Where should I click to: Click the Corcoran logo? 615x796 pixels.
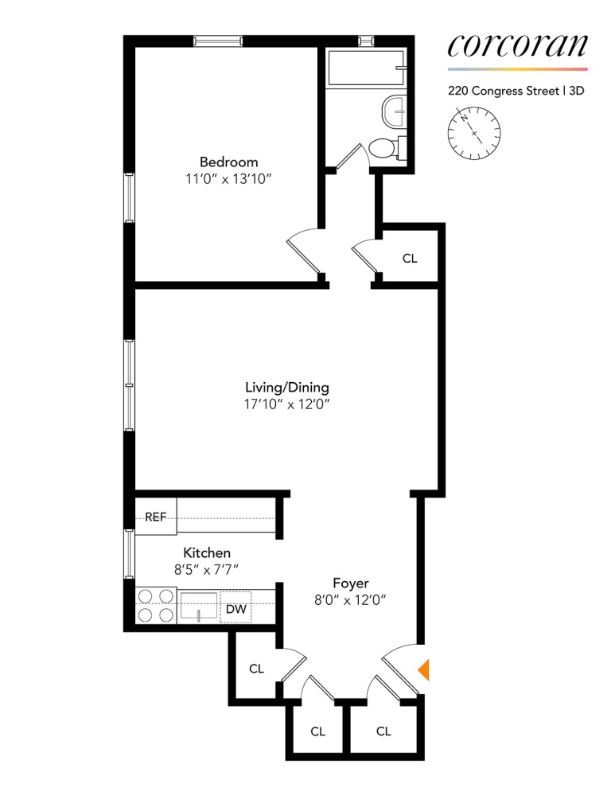point(517,46)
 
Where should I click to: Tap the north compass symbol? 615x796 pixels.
point(474,133)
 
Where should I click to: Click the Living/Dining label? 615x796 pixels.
point(286,388)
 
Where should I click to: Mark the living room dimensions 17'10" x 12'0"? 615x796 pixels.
point(286,405)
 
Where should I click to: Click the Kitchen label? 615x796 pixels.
point(207,552)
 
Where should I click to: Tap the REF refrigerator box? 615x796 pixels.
point(156,517)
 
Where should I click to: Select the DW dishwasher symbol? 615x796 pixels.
point(236,610)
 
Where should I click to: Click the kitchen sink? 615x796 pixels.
point(198,607)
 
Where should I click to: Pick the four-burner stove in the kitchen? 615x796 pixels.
point(155,605)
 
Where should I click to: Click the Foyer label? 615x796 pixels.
point(350,583)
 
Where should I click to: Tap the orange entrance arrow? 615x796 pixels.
point(424,669)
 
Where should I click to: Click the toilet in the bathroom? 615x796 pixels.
point(383,148)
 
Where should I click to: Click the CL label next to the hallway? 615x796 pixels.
point(410,259)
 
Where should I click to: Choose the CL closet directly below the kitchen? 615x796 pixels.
point(256,669)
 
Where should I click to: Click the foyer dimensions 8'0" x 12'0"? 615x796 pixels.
point(350,602)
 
